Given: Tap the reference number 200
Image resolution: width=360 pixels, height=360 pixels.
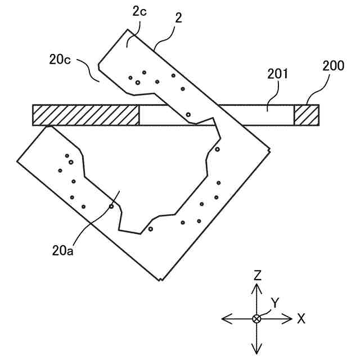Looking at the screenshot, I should pos(333,65).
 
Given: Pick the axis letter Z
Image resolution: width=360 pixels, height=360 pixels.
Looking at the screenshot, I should pos(257,274).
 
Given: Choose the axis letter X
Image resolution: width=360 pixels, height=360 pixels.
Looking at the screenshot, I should pos(301,319).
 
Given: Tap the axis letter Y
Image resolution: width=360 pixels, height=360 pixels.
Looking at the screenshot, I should pos(274,303).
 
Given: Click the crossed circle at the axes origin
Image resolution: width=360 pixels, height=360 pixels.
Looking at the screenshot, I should pos(257,319).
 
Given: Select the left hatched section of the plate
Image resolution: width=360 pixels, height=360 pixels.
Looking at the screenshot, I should pos(86,115).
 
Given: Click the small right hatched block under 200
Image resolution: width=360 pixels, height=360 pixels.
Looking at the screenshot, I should pos(306,115).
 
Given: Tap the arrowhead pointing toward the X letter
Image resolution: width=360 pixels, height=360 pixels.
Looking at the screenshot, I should pos(289,319).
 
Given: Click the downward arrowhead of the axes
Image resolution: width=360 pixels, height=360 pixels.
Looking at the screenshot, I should pos(257,349).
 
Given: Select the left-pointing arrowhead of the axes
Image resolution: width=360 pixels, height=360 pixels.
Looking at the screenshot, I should pos(226,319).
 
